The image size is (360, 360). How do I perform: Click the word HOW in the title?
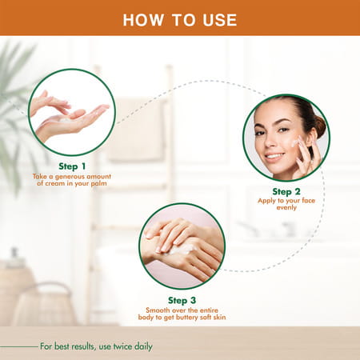(x=142, y=19)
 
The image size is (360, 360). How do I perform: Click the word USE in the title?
(x=218, y=19)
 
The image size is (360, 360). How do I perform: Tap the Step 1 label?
(x=71, y=166)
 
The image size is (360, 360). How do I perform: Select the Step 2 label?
(x=286, y=191)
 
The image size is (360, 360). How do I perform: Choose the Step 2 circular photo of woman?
(x=286, y=138)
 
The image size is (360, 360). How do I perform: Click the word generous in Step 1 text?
(x=72, y=176)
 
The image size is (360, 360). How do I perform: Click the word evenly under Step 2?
(x=286, y=208)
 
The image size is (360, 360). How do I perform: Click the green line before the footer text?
(x=19, y=346)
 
